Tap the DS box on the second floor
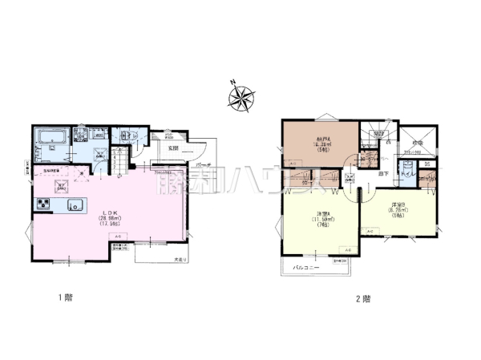click(x=428, y=164)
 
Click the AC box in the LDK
click(x=116, y=240)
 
